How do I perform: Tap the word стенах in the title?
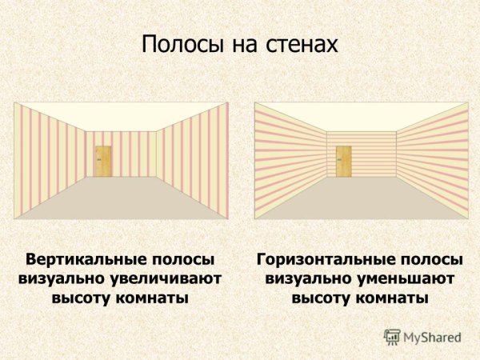[x=301, y=44]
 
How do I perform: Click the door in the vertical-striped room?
[x=103, y=161]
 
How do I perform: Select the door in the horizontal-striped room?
[x=344, y=161]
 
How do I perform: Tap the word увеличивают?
[x=168, y=280]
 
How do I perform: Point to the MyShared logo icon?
[x=392, y=337]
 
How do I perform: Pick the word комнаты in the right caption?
[x=394, y=298]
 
